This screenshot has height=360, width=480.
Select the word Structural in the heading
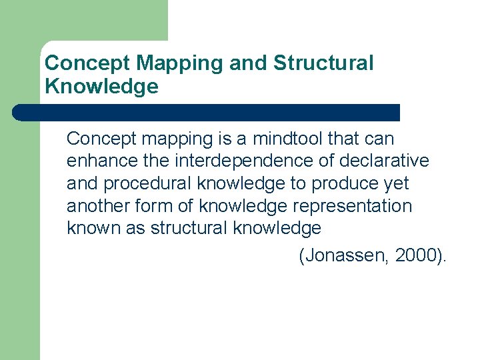(323, 64)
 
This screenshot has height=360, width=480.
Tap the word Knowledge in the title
(101, 87)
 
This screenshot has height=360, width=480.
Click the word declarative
(385, 161)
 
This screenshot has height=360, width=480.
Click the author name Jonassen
(345, 255)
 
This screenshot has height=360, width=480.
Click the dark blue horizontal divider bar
(207, 113)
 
